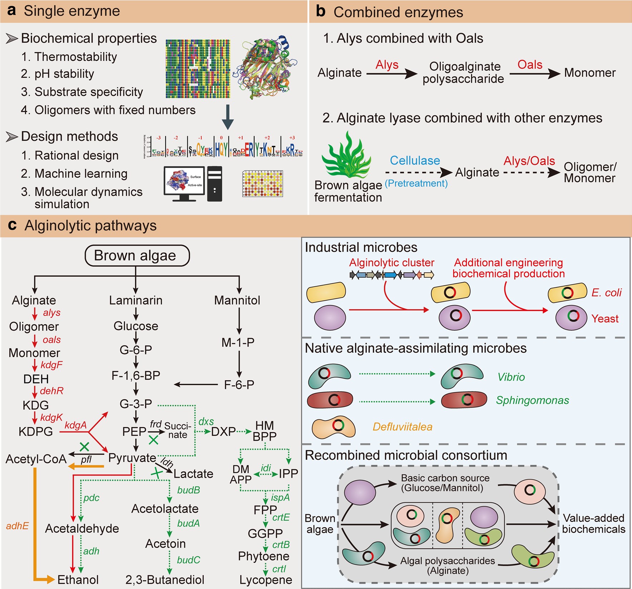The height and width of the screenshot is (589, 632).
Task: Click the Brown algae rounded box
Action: (x=137, y=256)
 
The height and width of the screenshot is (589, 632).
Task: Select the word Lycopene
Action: (x=266, y=580)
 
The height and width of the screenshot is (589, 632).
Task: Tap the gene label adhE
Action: (x=17, y=526)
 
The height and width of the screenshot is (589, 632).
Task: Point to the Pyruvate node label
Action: (x=132, y=458)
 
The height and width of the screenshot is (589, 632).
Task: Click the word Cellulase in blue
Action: (x=415, y=160)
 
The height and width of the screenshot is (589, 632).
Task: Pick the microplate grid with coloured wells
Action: (x=263, y=184)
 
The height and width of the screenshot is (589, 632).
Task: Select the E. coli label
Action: (x=606, y=293)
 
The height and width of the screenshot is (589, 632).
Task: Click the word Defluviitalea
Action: (x=402, y=427)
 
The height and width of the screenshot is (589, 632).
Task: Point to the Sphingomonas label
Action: (x=532, y=400)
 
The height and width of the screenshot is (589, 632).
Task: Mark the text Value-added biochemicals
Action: (x=593, y=524)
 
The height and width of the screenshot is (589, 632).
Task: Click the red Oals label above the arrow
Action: (x=530, y=65)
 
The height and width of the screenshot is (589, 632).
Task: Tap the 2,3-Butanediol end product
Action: (x=165, y=580)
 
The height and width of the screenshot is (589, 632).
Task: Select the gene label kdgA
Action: (x=75, y=425)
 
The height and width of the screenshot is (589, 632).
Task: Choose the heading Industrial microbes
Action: (x=361, y=247)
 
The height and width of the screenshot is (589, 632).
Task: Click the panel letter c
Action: (x=13, y=225)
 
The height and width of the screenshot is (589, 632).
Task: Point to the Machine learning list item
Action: (x=74, y=174)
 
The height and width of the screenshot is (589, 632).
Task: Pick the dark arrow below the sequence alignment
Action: (x=228, y=117)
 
